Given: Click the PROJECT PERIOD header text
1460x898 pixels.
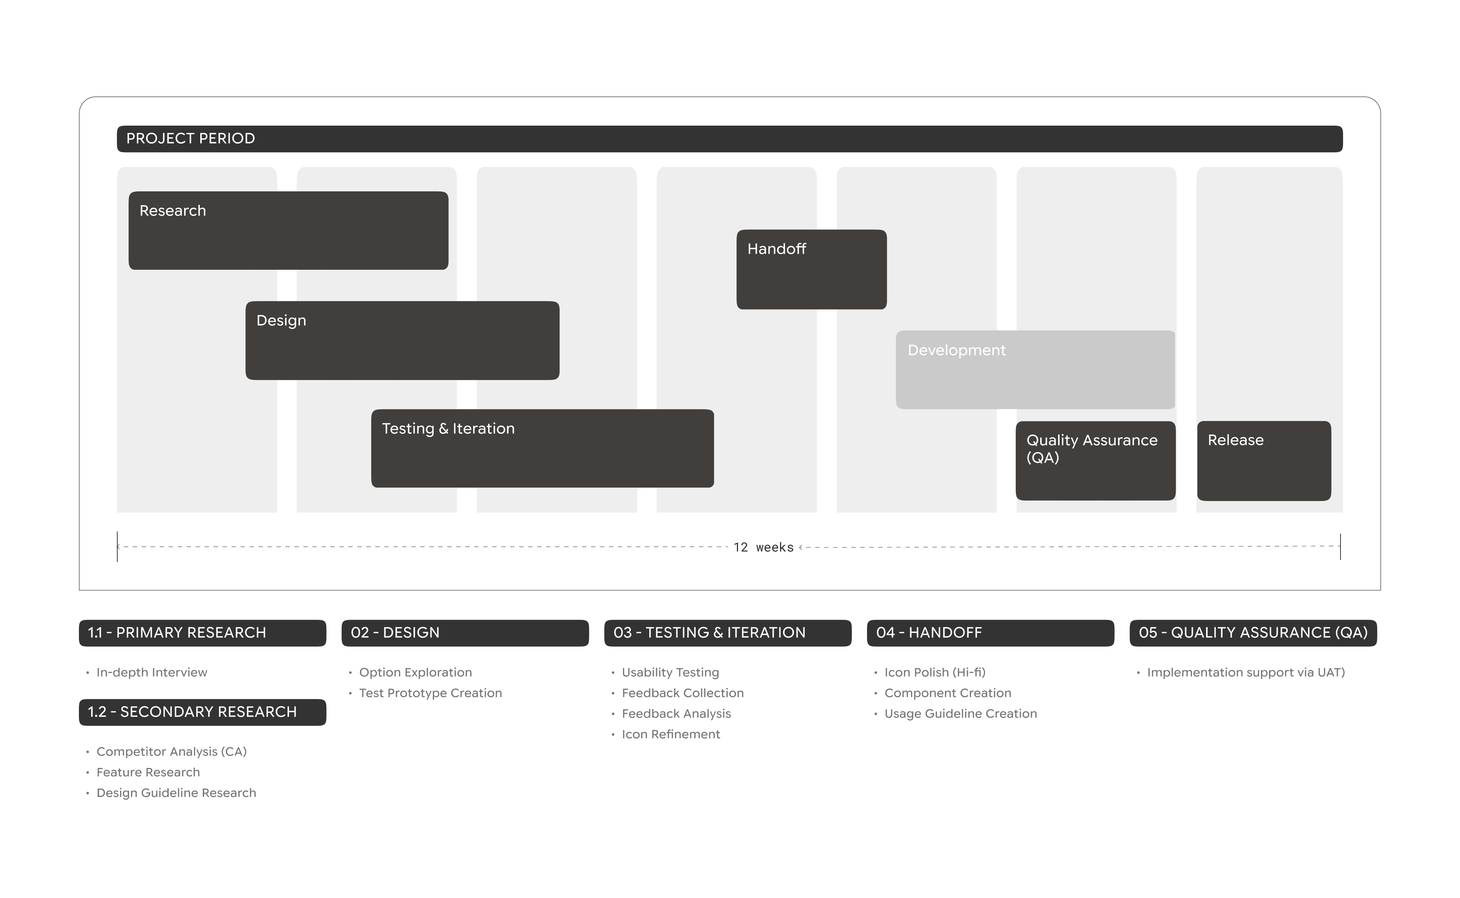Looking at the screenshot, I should click(x=190, y=138).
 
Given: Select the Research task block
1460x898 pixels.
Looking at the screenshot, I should click(x=288, y=230).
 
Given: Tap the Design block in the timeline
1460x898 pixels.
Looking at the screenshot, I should click(x=402, y=340).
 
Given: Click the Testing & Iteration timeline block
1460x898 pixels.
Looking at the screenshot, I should click(x=542, y=448).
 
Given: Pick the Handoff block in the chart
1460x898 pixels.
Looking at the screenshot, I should click(x=811, y=269).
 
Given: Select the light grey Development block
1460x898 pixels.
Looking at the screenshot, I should click(x=1035, y=370).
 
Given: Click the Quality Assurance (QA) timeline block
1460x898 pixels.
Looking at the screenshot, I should click(x=1095, y=460).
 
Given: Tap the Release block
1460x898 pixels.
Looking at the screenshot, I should click(x=1263, y=460).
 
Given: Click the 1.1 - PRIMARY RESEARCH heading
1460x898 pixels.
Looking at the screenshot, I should click(x=177, y=633).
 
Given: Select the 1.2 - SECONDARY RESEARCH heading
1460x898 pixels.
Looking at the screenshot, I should click(x=192, y=711).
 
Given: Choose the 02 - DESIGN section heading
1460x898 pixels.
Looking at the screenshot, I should click(x=395, y=633).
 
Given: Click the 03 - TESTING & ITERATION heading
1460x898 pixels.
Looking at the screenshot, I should click(x=710, y=633).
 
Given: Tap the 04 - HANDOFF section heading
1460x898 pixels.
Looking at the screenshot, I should click(x=929, y=633).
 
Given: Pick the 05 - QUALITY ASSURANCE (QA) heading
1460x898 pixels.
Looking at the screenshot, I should click(x=1252, y=633).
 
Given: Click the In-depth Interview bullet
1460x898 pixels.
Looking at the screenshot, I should click(x=152, y=672).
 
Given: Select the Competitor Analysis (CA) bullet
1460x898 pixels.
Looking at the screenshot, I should click(x=171, y=751).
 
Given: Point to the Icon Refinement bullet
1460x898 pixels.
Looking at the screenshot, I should click(x=671, y=734).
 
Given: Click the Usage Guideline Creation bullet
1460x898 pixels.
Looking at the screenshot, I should click(x=960, y=713).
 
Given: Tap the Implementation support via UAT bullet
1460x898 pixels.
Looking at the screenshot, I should click(x=1246, y=672).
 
